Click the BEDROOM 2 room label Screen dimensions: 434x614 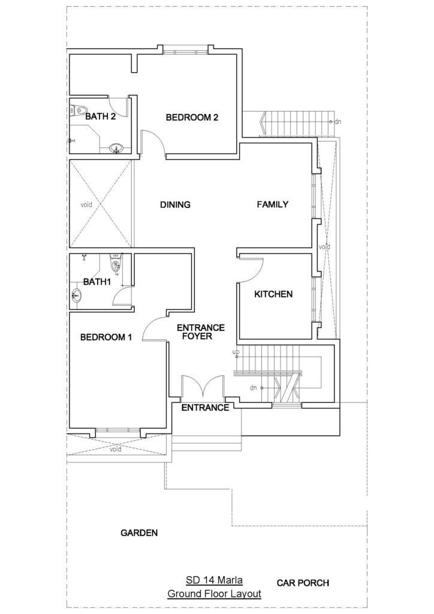192,117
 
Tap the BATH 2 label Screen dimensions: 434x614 101,116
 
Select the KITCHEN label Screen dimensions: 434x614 273,294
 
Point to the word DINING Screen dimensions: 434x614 175,204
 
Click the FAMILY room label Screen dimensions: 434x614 273,204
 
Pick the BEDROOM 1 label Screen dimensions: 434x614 106,337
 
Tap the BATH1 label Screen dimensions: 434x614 98,282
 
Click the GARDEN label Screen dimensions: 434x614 139,533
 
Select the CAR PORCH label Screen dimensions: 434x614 303,583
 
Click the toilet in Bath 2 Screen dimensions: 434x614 80,110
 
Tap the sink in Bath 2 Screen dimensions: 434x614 116,149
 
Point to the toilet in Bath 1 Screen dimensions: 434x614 116,264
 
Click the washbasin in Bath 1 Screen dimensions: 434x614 76,295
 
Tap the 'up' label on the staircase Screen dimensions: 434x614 236,352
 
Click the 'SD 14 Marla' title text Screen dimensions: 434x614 214,580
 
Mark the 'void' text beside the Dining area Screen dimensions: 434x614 86,204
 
